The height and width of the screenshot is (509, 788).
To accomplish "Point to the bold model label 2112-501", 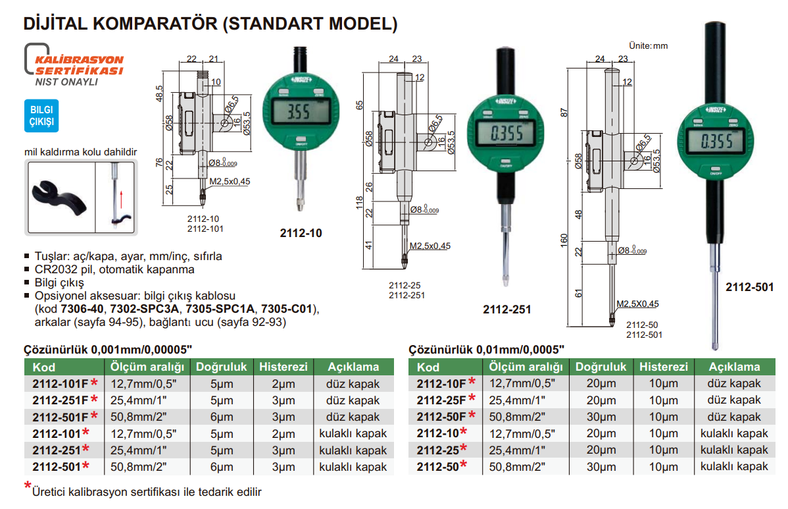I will pyautogui.click(x=750, y=287).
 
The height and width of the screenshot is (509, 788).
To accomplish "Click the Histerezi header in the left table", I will pyautogui.click(x=283, y=367).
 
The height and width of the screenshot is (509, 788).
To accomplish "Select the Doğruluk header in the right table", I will pyautogui.click(x=601, y=367).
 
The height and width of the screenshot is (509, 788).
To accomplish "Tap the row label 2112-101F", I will pyautogui.click(x=60, y=383).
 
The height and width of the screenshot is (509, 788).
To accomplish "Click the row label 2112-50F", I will pyautogui.click(x=441, y=416).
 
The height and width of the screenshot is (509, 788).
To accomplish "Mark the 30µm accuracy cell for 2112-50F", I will pyautogui.click(x=601, y=417).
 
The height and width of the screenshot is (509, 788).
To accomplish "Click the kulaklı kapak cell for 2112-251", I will pyautogui.click(x=353, y=450).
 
